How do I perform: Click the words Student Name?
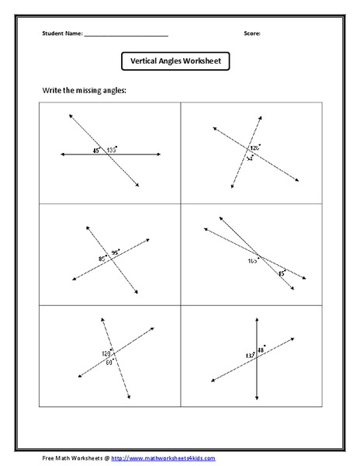tap(61, 34)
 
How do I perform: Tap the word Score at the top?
tap(252, 34)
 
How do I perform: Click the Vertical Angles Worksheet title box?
tap(175, 61)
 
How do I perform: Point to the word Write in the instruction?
tap(52, 91)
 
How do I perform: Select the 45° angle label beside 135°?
tap(97, 150)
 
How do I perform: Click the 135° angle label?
tap(112, 150)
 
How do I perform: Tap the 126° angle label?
tap(254, 147)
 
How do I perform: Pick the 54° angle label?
tap(250, 158)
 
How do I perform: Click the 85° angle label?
tap(102, 258)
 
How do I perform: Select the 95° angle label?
tap(116, 252)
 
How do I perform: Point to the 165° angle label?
tap(253, 262)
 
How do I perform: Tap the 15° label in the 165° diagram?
tap(282, 273)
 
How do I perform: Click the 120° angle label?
tap(106, 353)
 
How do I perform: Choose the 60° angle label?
tap(109, 362)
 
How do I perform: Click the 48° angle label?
tap(261, 350)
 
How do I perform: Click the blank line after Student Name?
tap(126, 35)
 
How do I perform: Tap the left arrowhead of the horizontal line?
tap(63, 155)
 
